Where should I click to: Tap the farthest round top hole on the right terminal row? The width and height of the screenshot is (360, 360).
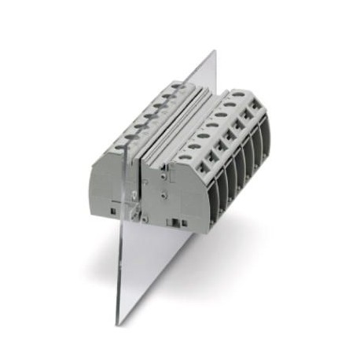[237, 94]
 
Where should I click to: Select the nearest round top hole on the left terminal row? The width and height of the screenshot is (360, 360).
[120, 147]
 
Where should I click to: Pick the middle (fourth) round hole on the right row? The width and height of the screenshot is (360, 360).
[212, 124]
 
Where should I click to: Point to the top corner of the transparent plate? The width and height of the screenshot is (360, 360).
[214, 51]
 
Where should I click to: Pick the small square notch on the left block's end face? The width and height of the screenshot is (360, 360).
[115, 210]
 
